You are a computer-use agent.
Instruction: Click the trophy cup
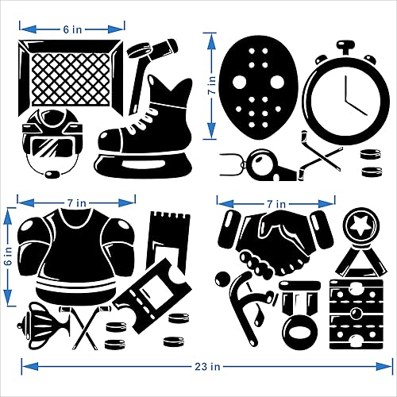coord(38,326)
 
